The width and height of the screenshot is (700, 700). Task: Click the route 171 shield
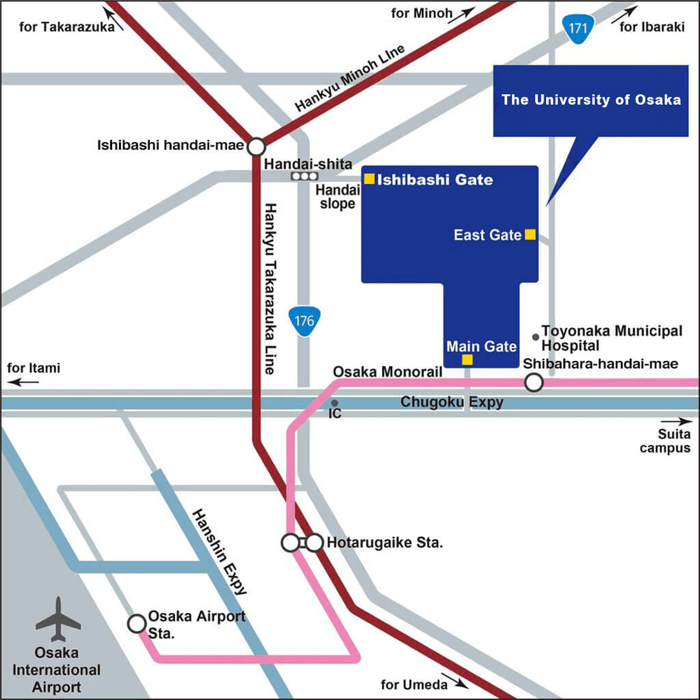pos(577,29)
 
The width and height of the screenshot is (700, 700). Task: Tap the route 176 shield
pos(304,321)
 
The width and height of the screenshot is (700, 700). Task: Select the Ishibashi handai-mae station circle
pos(256,147)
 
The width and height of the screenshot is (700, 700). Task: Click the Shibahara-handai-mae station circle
pos(533,382)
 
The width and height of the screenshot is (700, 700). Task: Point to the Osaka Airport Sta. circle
pos(137,623)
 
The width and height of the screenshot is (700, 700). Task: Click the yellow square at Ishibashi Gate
pos(369,179)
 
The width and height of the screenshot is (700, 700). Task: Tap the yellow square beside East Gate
pos(529,235)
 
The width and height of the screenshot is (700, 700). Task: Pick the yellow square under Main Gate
pos(467,360)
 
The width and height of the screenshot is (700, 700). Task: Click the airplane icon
pos(58,619)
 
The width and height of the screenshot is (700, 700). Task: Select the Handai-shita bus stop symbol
pos(305,176)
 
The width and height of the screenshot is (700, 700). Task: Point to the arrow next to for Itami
pos(24,382)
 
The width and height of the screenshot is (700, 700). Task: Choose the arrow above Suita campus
pos(676,421)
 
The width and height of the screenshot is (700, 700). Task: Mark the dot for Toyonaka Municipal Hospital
pos(536,337)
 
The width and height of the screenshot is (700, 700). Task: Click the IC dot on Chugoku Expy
pos(334,403)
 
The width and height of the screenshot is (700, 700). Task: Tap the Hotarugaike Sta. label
pos(384,543)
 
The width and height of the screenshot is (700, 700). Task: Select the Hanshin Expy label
pos(219,552)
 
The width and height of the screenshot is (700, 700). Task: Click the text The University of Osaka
pos(591,100)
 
